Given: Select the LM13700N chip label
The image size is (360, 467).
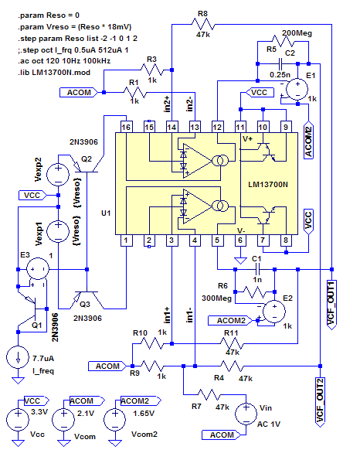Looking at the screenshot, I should click(268, 186).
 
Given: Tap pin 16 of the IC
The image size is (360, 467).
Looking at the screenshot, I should click(125, 126).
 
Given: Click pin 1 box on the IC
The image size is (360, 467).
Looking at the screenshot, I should click(125, 241).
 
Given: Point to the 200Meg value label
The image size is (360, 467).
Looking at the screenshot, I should click(297, 34).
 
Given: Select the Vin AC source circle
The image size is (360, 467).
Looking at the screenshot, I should click(245, 412).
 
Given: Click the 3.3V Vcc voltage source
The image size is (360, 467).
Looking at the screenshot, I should click(16, 421).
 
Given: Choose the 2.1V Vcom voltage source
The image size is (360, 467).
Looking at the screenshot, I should click(63, 421).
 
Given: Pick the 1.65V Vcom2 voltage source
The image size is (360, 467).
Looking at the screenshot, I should click(116, 421).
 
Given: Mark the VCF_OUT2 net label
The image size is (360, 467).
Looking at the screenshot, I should click(319, 402).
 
